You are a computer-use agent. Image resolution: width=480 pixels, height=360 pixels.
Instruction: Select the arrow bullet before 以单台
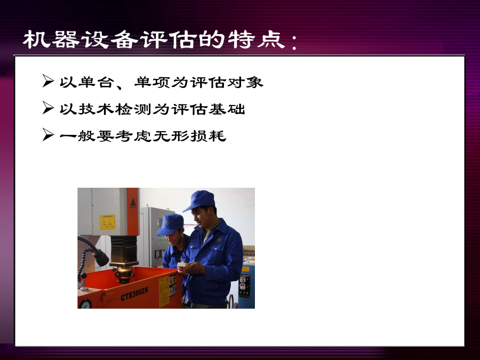(48, 81)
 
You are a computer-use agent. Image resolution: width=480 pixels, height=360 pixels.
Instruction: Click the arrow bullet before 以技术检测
(48, 108)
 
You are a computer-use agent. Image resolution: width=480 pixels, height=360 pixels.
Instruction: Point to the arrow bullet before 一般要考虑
(48, 135)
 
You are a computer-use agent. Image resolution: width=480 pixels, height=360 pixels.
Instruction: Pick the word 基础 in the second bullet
(227, 109)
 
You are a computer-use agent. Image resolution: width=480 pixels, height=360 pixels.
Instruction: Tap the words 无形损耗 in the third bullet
(189, 136)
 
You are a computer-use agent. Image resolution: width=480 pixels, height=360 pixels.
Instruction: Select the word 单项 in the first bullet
(152, 82)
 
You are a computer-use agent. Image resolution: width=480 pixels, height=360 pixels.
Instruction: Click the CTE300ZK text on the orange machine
(134, 294)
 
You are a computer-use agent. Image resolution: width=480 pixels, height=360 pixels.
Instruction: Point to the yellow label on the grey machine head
(107, 222)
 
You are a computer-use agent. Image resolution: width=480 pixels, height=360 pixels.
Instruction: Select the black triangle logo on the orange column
(133, 203)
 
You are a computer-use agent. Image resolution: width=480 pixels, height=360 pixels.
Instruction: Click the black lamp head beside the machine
(101, 258)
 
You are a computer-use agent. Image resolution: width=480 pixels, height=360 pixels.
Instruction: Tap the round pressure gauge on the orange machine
(85, 304)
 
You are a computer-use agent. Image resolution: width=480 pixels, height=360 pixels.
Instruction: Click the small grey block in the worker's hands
(183, 264)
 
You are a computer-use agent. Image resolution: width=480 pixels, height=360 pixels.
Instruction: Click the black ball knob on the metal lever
(83, 276)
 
